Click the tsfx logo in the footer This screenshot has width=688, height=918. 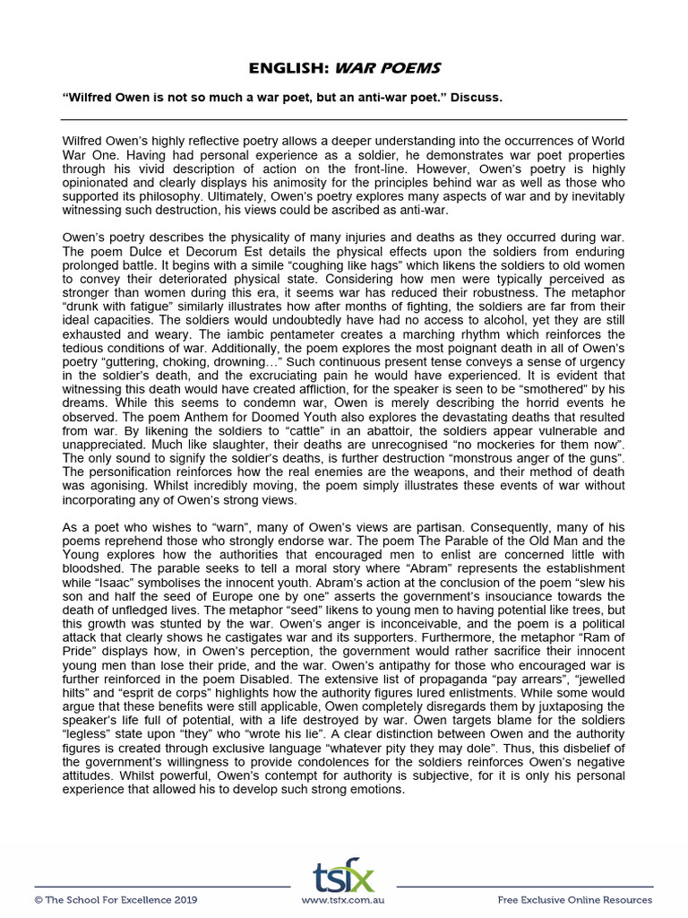(x=343, y=876)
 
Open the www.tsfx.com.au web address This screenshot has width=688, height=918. (x=343, y=900)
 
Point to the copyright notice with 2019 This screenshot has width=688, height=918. (x=116, y=900)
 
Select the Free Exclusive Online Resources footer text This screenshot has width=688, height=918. (x=574, y=900)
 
